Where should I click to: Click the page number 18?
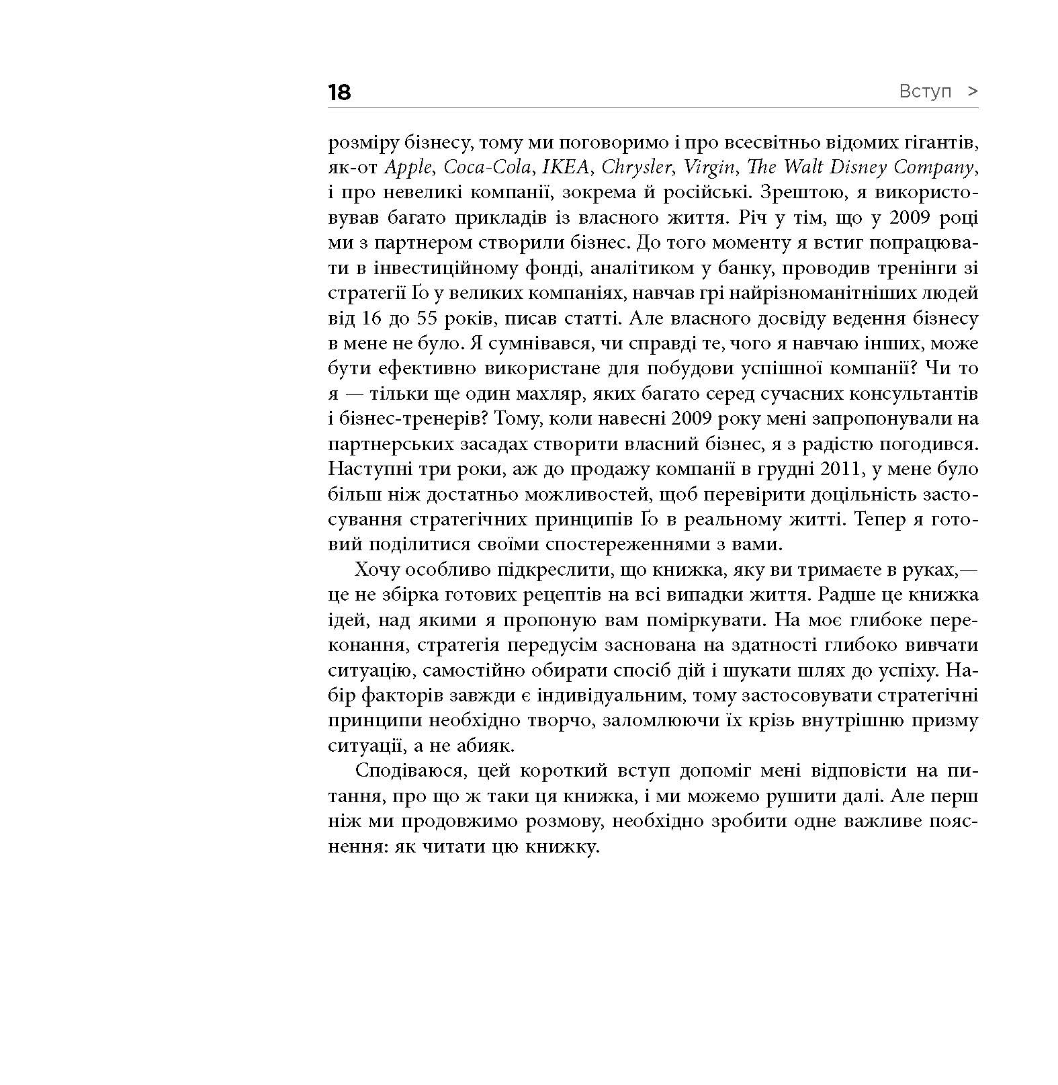(x=340, y=92)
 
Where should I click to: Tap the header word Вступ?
(x=925, y=91)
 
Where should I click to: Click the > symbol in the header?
(x=972, y=91)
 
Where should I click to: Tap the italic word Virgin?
(x=709, y=167)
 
